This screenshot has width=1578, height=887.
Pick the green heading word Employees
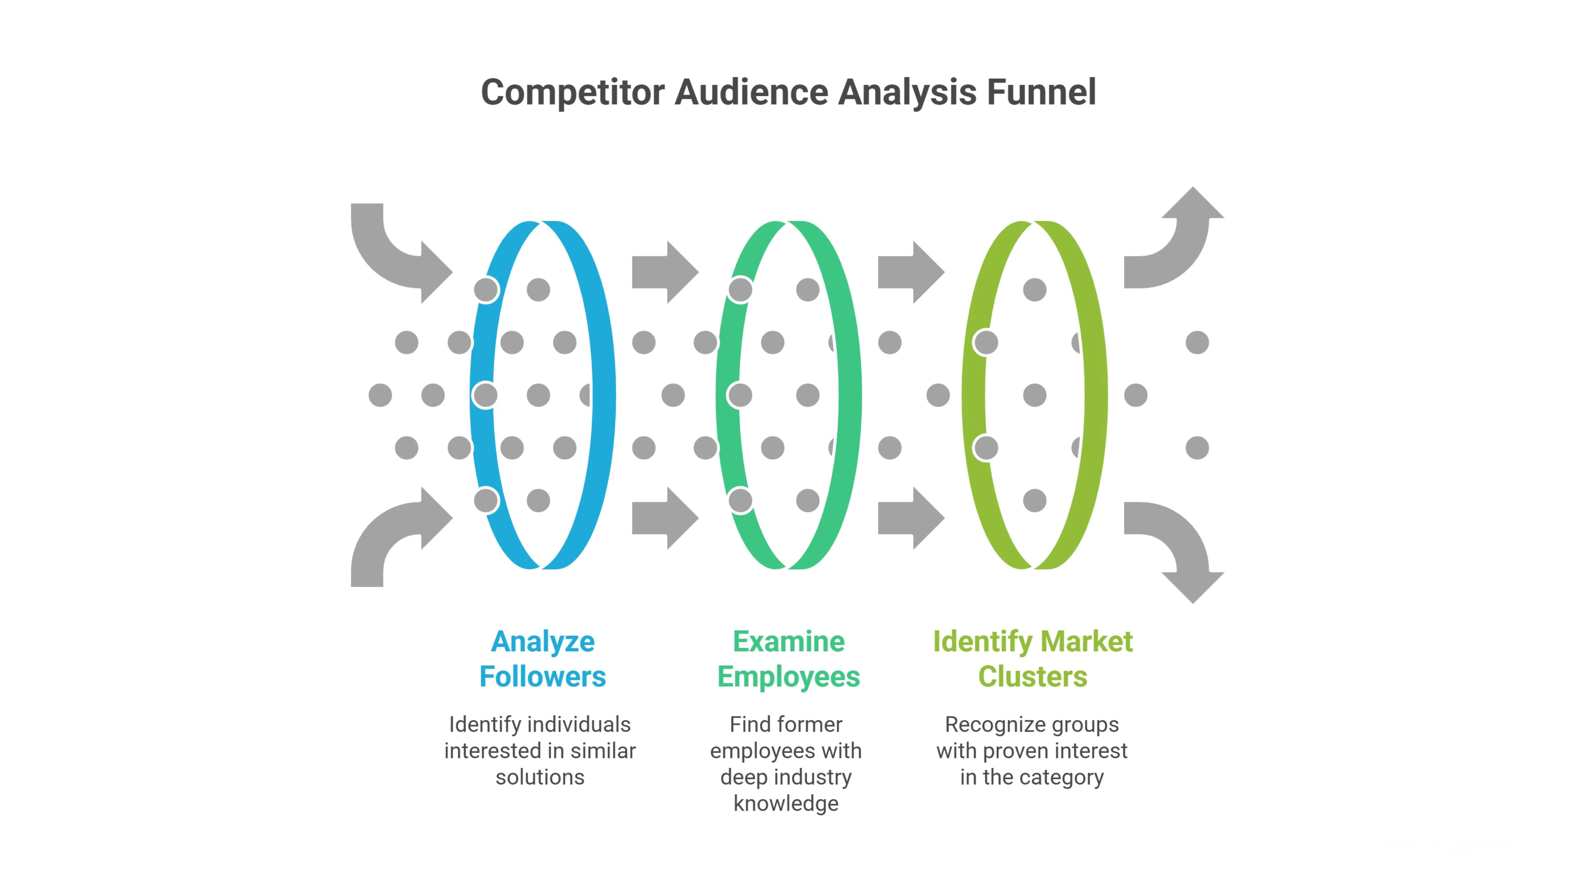(x=789, y=677)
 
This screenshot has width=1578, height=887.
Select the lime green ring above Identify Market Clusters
(x=1095, y=395)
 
